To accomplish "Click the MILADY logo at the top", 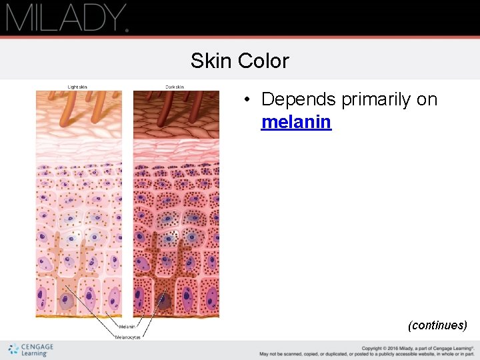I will coord(67,17).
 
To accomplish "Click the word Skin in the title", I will coord(206,61).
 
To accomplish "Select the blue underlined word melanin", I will coord(296,122).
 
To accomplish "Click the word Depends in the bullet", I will coord(299,99).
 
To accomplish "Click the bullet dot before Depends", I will coord(246,100).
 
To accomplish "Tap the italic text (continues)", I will coord(437,325).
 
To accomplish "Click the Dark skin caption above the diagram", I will coord(175,87).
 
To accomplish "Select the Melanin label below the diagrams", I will coord(127,327).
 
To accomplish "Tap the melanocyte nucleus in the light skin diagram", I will coord(67,302).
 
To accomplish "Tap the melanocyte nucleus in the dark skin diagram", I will coord(163,301).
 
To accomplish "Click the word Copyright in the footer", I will coord(372,347).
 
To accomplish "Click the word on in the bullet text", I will coord(428,99).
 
